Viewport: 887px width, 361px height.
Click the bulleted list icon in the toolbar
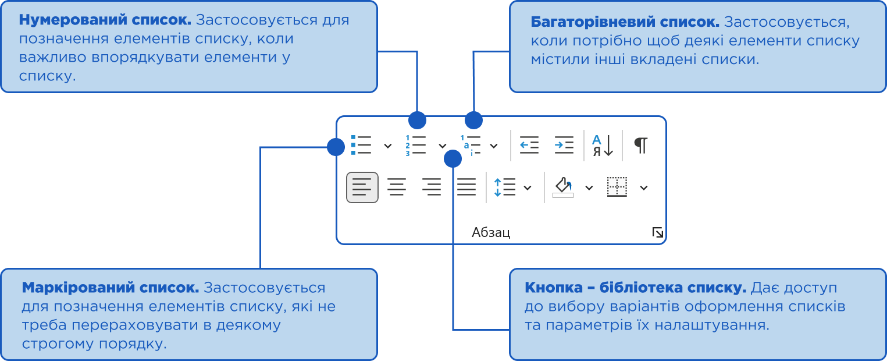(x=361, y=146)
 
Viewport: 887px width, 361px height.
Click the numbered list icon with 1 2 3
(x=416, y=146)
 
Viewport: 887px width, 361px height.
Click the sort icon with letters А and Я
(x=603, y=146)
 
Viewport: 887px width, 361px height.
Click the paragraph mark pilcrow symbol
(x=640, y=146)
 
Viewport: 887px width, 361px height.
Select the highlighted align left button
(x=362, y=187)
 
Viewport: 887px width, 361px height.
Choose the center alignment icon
(x=397, y=187)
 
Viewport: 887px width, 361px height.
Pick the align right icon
(x=431, y=187)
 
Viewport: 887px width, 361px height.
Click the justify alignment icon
(x=466, y=187)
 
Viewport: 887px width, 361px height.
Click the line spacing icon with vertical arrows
(x=504, y=187)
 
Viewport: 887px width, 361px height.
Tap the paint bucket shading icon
(x=563, y=187)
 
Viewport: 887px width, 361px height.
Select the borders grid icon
(x=617, y=187)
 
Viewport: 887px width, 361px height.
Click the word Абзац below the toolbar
(x=491, y=233)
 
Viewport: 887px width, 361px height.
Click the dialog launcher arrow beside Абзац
(x=658, y=233)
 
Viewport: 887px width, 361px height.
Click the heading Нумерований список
(x=105, y=20)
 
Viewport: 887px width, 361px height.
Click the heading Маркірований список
(x=111, y=288)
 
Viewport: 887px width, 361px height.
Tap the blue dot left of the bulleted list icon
(x=336, y=147)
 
